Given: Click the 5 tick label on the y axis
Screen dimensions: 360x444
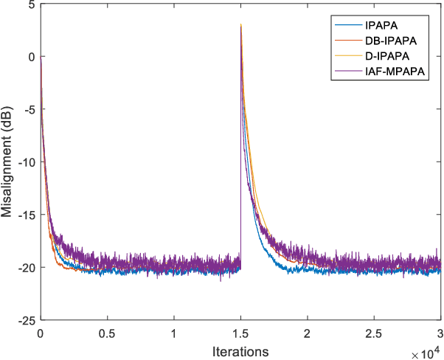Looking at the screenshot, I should tap(30, 5).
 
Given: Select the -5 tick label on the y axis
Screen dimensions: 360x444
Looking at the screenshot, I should tap(27, 110).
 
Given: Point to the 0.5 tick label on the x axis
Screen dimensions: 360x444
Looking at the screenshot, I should tap(107, 331).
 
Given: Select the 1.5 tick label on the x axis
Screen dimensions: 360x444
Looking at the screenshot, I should tap(240, 331).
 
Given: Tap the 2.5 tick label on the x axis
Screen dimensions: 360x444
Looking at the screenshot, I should tap(374, 331).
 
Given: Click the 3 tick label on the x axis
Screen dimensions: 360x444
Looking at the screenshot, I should tap(440, 331).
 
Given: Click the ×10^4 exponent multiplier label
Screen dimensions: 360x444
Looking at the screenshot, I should tap(427, 353).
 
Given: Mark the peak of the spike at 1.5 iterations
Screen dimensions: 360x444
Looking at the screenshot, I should tap(241, 25).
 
